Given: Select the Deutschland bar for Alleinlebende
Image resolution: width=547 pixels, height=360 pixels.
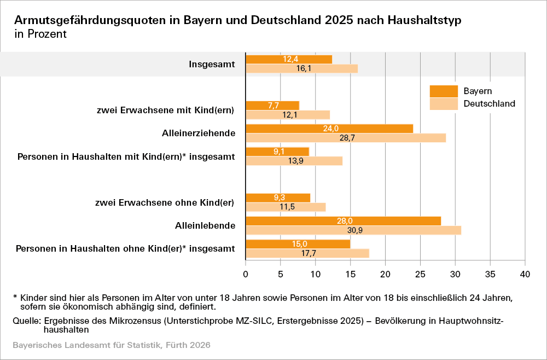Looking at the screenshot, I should click(353, 230).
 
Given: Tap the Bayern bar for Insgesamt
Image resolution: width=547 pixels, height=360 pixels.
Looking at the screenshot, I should click(289, 59).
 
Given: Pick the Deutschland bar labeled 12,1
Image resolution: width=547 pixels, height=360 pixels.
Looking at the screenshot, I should click(288, 115).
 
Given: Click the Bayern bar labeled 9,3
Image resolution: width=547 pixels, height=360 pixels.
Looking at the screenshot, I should click(278, 198).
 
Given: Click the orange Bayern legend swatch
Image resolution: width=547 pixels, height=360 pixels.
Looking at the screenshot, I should click(443, 91).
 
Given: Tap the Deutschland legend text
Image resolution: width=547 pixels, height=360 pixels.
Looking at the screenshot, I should click(490, 103).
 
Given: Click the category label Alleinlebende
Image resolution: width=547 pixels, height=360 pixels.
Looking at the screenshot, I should click(205, 225).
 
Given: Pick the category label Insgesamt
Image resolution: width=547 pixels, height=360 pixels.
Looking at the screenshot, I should click(212, 64).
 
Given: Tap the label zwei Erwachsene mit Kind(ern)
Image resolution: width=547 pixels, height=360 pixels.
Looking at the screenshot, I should click(165, 111).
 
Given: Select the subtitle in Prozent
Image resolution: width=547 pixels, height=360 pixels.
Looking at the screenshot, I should click(40, 34).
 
